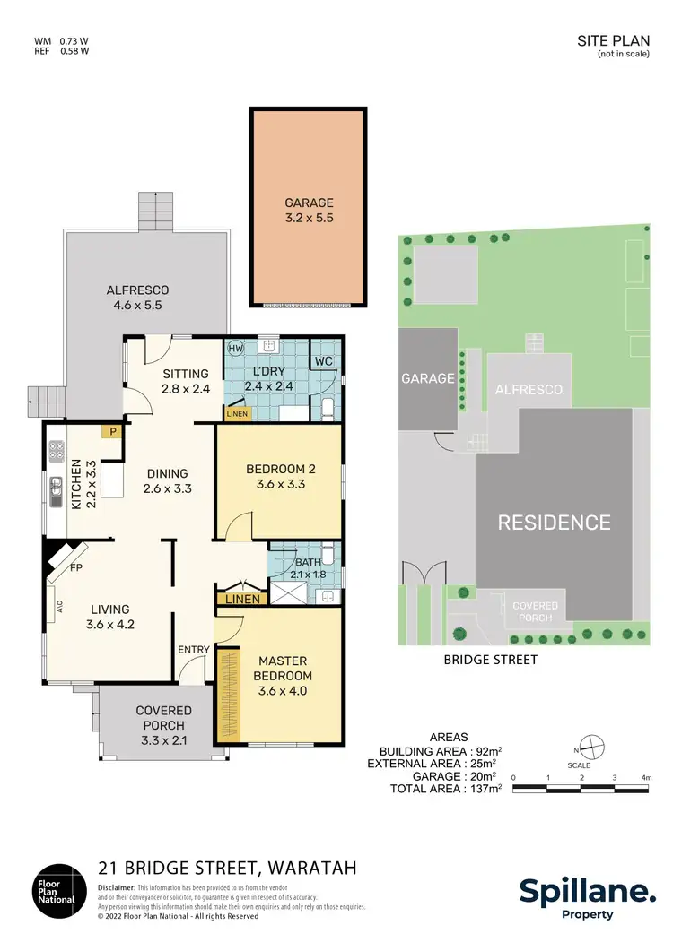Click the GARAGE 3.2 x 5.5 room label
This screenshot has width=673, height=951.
click(x=309, y=210)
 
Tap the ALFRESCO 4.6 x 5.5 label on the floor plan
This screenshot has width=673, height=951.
click(x=137, y=298)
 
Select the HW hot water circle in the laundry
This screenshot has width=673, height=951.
click(x=235, y=349)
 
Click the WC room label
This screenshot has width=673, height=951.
click(x=324, y=362)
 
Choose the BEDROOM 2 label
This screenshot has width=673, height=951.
click(x=280, y=476)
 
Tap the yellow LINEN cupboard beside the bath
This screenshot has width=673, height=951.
click(x=242, y=599)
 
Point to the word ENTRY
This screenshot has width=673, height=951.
click(x=194, y=650)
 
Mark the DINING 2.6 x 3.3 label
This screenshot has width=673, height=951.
click(x=165, y=481)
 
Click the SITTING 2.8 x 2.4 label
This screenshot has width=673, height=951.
click(x=185, y=381)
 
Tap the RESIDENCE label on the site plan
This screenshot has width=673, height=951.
click(x=554, y=523)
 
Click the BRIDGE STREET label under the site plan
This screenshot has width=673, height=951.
click(x=491, y=660)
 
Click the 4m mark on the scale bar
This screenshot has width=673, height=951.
click(x=646, y=777)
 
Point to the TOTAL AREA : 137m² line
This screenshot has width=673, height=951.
click(x=445, y=789)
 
